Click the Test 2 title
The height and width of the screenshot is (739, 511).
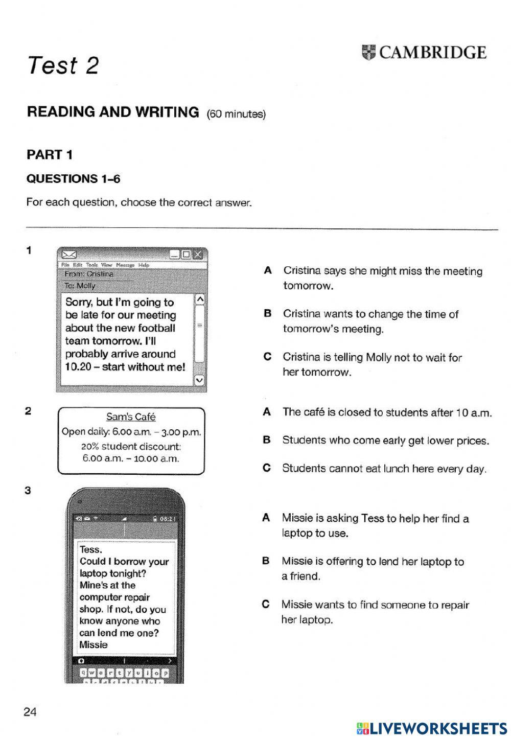(63, 65)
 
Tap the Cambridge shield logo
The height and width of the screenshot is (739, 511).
(368, 52)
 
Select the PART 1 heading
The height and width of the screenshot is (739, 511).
(50, 154)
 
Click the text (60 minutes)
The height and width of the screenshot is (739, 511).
(236, 114)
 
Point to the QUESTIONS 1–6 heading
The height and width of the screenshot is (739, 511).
(73, 178)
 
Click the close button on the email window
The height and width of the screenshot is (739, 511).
(198, 254)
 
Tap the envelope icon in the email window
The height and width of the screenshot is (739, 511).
(69, 254)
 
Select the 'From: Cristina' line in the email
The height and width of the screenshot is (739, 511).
(89, 274)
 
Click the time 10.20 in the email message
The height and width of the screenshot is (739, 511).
(78, 367)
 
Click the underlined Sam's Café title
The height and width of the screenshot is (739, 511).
(131, 417)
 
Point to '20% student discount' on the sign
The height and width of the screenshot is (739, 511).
(131, 446)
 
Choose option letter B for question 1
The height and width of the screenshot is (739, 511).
(267, 314)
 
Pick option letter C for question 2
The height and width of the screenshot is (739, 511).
(266, 468)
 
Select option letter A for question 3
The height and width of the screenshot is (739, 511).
(266, 518)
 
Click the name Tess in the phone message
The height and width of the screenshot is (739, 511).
(90, 550)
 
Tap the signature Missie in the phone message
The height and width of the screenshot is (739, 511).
(94, 645)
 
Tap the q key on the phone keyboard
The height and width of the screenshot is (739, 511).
(85, 673)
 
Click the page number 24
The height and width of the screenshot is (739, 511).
(30, 711)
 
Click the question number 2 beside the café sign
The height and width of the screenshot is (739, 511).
(29, 411)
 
